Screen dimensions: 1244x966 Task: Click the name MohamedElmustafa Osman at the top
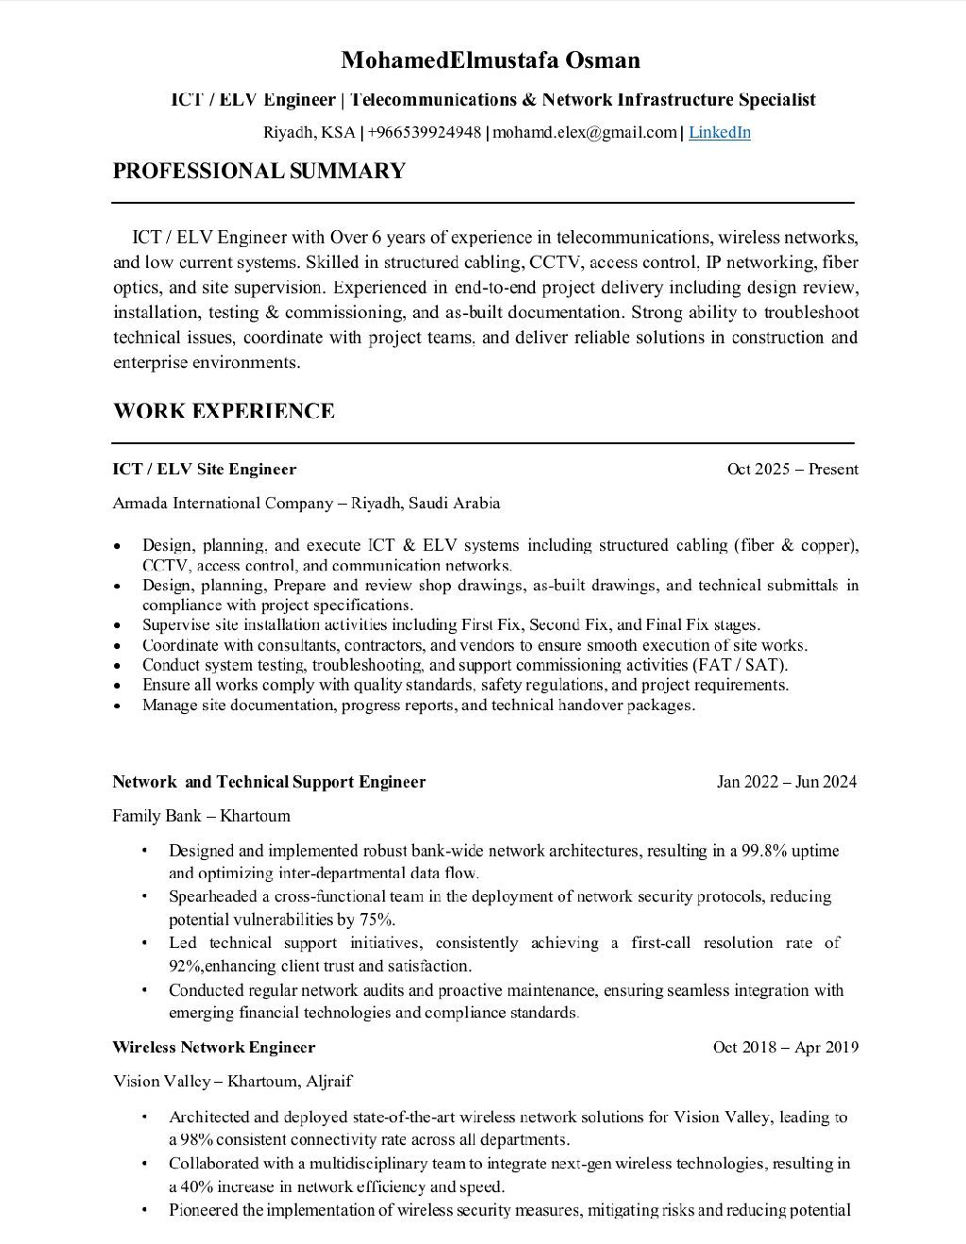pyautogui.click(x=490, y=60)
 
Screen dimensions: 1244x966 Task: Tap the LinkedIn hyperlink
pyautogui.click(x=719, y=132)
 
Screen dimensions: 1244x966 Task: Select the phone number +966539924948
pyautogui.click(x=424, y=132)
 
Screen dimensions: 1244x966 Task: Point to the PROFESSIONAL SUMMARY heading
pyautogui.click(x=258, y=171)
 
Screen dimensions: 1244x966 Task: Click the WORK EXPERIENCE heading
pyautogui.click(x=224, y=411)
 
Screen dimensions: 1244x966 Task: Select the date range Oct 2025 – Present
pyautogui.click(x=792, y=469)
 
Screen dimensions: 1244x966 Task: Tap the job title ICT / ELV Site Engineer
pyautogui.click(x=204, y=469)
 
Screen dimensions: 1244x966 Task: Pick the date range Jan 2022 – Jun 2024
pyautogui.click(x=787, y=781)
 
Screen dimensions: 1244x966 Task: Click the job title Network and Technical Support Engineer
pyautogui.click(x=269, y=781)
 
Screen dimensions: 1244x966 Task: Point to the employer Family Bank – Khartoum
pyautogui.click(x=201, y=815)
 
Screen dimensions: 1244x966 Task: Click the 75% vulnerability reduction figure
pyautogui.click(x=376, y=920)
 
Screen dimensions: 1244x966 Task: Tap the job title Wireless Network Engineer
pyautogui.click(x=213, y=1047)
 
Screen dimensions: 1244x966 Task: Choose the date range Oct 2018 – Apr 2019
pyautogui.click(x=785, y=1047)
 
